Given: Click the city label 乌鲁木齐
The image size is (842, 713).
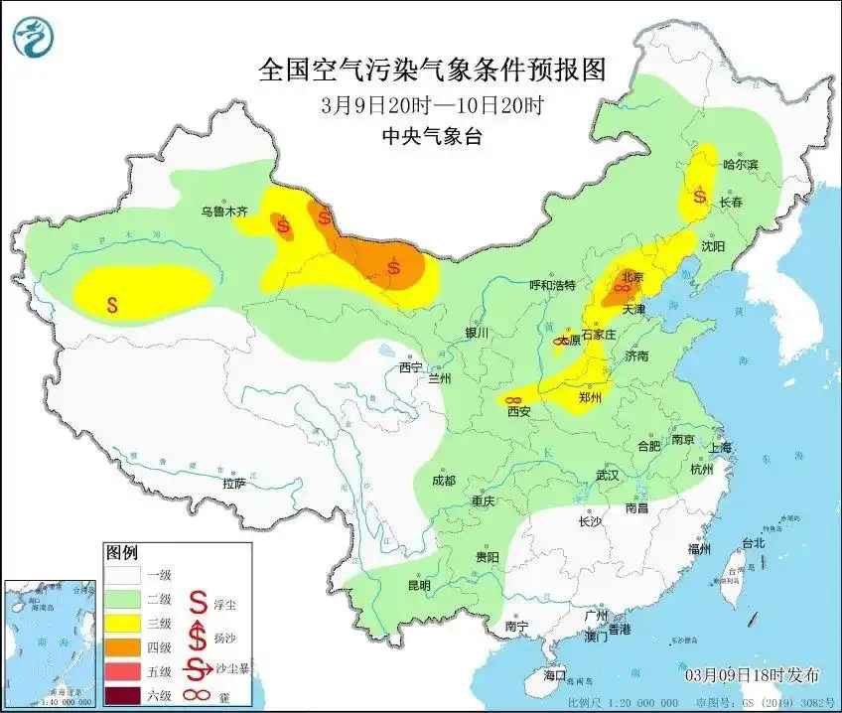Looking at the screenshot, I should point(223,212).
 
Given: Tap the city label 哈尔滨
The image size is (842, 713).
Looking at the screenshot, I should point(741,164).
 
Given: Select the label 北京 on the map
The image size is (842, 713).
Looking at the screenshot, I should point(632,276).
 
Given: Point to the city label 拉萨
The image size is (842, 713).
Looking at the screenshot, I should point(233,483).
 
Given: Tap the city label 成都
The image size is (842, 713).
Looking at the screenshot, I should point(443,481).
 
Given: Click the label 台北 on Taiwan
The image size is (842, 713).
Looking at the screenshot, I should point(754,542).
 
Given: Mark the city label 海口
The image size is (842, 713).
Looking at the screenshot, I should point(554,675).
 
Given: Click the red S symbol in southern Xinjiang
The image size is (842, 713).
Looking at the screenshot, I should point(114,304).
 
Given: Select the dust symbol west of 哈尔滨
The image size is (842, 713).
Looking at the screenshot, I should point(699,197).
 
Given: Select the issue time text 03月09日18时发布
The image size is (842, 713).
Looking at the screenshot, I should point(753,675).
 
